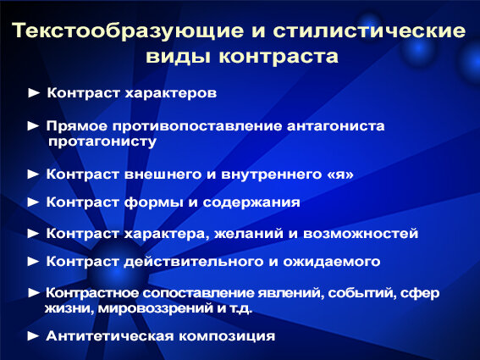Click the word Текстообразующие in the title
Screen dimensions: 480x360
pos(129,31)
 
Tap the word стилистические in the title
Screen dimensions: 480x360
pos(369,30)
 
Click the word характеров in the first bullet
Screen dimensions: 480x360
pos(170,93)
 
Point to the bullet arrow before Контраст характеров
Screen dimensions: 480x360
pos(34,93)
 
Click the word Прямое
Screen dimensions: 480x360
pos(77,126)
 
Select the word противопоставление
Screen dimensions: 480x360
pos(197,126)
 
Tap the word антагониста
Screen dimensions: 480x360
pos(336,126)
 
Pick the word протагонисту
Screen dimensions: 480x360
pos(102,141)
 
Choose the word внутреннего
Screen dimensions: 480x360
pos(272,174)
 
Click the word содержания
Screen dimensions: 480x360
pos(251,202)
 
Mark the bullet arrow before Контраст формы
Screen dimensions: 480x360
pos(33,202)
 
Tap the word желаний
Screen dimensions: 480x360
pos(249,234)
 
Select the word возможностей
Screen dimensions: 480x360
pos(361,234)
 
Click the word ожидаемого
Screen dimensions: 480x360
pos(332,262)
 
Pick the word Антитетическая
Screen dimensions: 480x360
pos(109,336)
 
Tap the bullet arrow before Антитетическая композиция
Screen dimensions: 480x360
pos(33,336)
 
